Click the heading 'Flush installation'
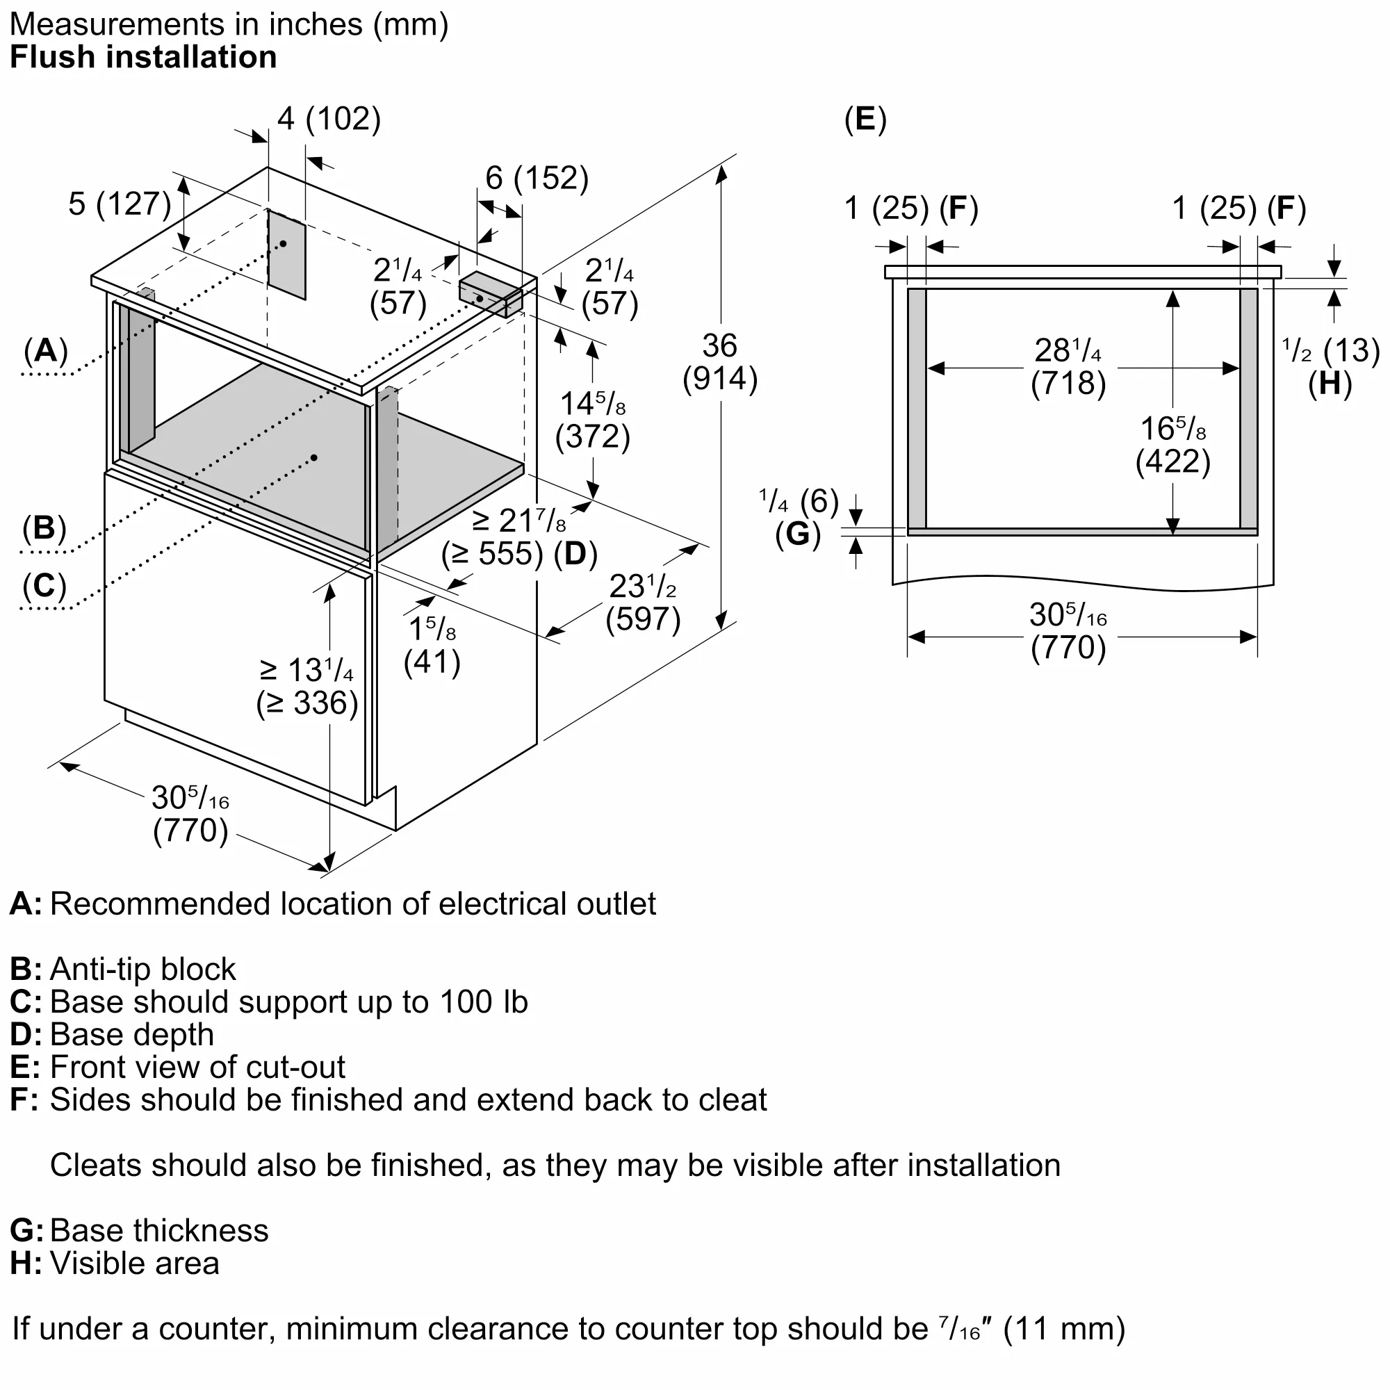click(143, 58)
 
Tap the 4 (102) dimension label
click(329, 119)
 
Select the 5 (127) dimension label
click(120, 204)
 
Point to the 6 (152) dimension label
click(537, 178)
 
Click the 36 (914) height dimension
click(719, 362)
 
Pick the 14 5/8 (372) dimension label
click(592, 420)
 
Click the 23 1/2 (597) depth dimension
click(642, 603)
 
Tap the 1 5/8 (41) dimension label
click(432, 646)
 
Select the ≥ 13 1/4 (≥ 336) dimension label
click(307, 687)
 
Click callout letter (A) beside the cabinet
click(45, 351)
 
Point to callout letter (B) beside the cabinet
click(44, 528)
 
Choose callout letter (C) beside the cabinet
click(44, 586)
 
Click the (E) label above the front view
click(865, 120)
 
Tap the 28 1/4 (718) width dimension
click(1068, 367)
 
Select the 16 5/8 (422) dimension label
click(1172, 445)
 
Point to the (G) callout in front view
click(798, 534)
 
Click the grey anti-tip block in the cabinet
click(491, 294)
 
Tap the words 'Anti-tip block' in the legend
click(142, 970)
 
